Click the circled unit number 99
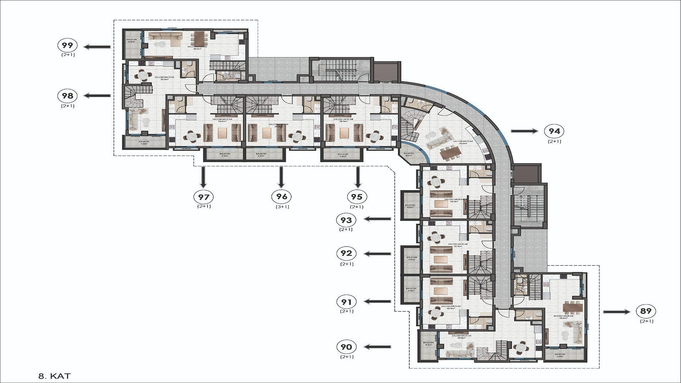[67, 45]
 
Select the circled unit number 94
[554, 131]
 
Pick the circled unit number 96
[281, 196]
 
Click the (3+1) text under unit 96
[282, 207]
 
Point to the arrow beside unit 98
[97, 95]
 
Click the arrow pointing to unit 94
[524, 131]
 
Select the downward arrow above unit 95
[358, 177]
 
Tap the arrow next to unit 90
[378, 347]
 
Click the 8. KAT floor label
[54, 376]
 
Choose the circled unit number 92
[346, 254]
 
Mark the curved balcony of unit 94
[412, 155]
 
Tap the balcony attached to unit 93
[410, 206]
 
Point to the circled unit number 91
[346, 302]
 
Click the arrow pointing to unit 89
[617, 312]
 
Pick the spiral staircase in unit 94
[410, 125]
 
